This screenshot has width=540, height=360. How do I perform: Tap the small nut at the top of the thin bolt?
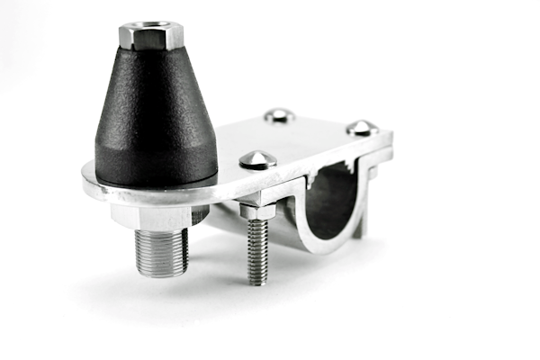coord(256,211)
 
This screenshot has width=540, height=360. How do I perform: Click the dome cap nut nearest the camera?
coord(257,159)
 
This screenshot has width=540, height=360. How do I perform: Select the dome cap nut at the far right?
coord(362,127)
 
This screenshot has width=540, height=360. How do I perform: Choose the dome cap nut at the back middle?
coord(279,114)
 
